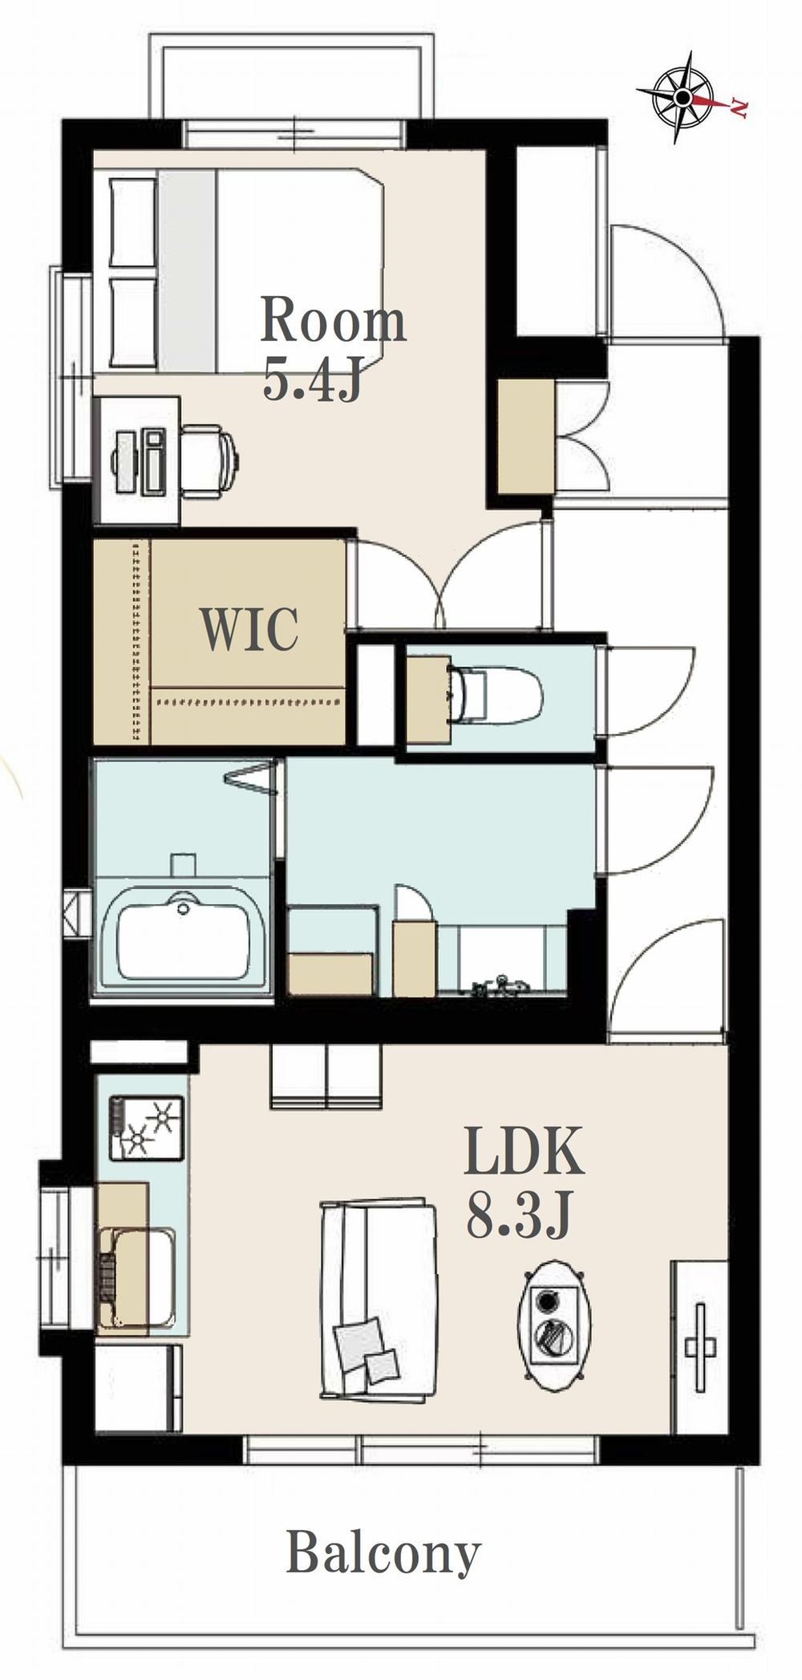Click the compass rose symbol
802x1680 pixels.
[x=683, y=97]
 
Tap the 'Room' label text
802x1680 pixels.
[x=333, y=320]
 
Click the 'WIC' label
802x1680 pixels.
[x=249, y=629]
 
